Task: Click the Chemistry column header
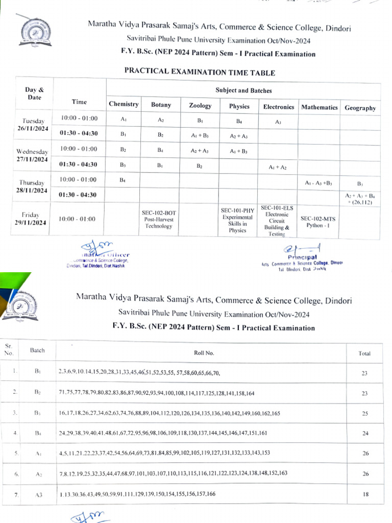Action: (x=124, y=104)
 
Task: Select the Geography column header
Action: (x=360, y=108)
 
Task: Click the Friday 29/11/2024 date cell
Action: (x=35, y=219)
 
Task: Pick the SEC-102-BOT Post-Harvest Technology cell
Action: (x=158, y=219)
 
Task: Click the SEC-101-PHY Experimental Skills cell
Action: (x=237, y=220)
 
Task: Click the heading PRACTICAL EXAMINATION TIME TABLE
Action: (x=200, y=73)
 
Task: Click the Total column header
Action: (x=364, y=353)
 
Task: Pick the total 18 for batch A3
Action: (x=364, y=494)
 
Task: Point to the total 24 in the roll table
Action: (x=364, y=434)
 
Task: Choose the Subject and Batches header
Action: (x=243, y=90)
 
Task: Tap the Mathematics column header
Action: (x=319, y=107)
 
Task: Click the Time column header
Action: (x=79, y=102)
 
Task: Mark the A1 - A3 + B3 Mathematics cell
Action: (x=318, y=182)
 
